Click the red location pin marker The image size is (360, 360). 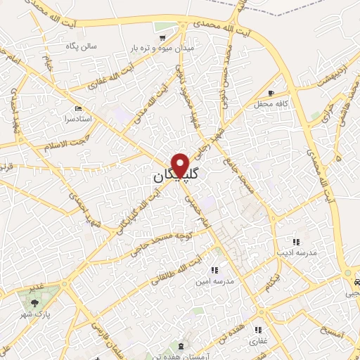click(x=181, y=165)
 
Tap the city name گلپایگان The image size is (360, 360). click(x=176, y=176)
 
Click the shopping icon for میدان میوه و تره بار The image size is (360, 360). click(x=163, y=37)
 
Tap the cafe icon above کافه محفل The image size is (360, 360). click(x=271, y=93)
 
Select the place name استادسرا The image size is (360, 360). click(x=78, y=120)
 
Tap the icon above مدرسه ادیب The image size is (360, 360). click(x=295, y=241)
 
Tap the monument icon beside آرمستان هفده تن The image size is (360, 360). click(x=182, y=347)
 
